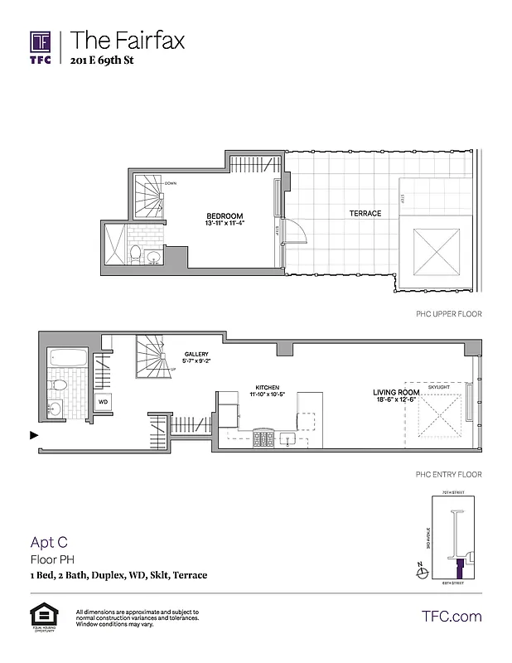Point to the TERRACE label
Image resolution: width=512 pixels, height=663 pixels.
[365, 214]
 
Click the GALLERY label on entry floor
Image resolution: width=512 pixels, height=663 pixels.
[196, 355]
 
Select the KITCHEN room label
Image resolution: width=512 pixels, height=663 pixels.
[267, 387]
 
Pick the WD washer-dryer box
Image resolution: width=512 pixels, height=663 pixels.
[104, 401]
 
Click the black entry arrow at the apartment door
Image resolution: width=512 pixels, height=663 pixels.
[33, 434]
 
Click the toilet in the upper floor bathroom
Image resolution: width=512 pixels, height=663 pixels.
[134, 253]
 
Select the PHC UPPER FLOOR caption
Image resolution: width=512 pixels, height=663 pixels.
[447, 315]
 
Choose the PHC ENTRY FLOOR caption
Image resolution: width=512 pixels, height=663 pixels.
[447, 474]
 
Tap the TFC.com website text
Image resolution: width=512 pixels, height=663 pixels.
[452, 617]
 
